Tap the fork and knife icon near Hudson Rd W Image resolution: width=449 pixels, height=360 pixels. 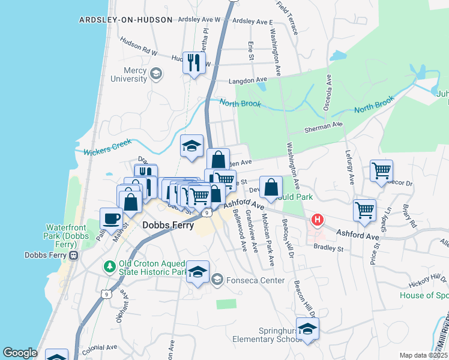click(193, 62)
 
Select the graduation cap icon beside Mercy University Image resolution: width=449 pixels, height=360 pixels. click(156, 74)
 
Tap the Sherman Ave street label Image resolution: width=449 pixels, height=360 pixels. click(323, 127)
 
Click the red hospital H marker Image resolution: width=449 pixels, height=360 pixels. click(316, 221)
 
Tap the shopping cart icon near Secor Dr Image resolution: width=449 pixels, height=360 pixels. click(381, 171)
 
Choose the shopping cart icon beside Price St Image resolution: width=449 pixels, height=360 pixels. click(364, 211)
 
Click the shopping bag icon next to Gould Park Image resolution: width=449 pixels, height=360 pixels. click(271, 187)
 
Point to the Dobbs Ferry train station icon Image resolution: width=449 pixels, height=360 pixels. click(73, 255)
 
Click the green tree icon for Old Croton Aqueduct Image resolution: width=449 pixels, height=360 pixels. click(109, 265)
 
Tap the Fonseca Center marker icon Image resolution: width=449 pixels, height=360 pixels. click(217, 279)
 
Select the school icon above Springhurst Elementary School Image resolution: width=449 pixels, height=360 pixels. click(307, 328)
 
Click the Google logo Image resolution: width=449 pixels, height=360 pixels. click(20, 353)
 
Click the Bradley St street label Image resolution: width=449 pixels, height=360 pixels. click(327, 248)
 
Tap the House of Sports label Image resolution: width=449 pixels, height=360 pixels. click(424, 295)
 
